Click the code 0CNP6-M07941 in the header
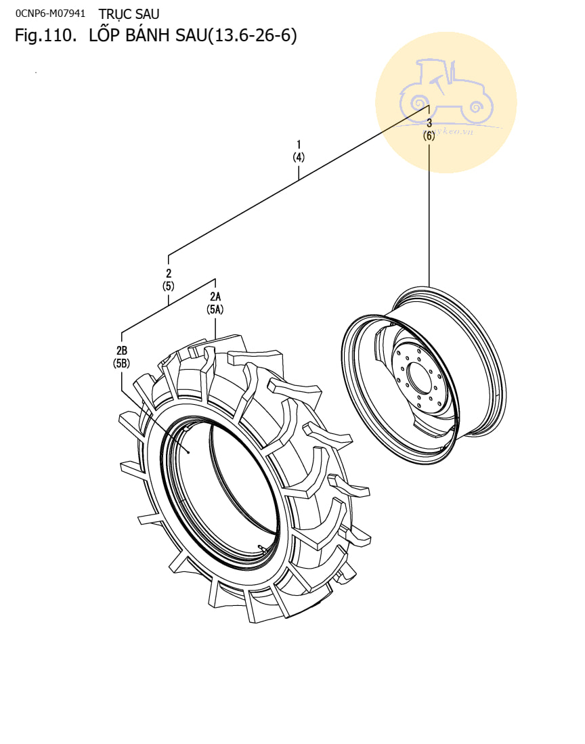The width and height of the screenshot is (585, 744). point(50,14)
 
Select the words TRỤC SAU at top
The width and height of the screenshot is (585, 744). point(129,14)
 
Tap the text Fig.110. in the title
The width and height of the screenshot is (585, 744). point(45,36)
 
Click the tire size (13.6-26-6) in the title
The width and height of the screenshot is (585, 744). point(252,36)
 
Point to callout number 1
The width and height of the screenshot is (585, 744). point(299,144)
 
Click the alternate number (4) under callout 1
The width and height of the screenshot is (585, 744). point(299,157)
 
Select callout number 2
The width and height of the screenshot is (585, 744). point(169,273)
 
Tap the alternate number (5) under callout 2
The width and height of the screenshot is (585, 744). point(169,286)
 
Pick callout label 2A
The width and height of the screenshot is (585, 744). point(215,297)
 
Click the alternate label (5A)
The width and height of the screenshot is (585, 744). point(215,309)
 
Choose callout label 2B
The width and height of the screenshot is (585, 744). point(122,350)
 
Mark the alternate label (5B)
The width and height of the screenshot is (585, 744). point(122,363)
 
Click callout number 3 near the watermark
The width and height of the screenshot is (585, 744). point(429,123)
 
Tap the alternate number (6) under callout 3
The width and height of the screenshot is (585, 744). point(429,135)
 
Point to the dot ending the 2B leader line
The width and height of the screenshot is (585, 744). point(188,452)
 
